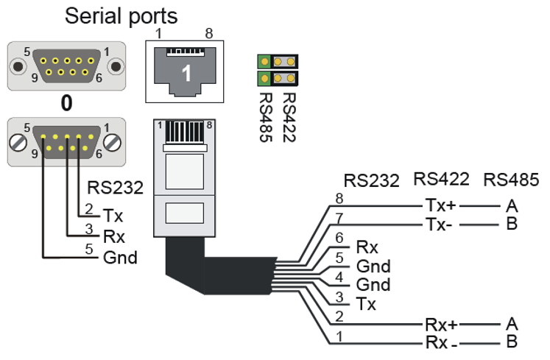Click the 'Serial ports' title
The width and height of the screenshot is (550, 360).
(x=121, y=16)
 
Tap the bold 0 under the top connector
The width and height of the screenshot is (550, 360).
(x=66, y=102)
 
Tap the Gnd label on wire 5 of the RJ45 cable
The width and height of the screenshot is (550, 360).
(x=373, y=266)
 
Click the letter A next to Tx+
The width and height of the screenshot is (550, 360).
(x=511, y=204)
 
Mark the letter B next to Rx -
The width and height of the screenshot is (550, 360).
(x=511, y=342)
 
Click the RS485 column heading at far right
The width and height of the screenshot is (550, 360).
(x=511, y=180)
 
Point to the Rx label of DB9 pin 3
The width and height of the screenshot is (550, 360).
(x=114, y=236)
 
